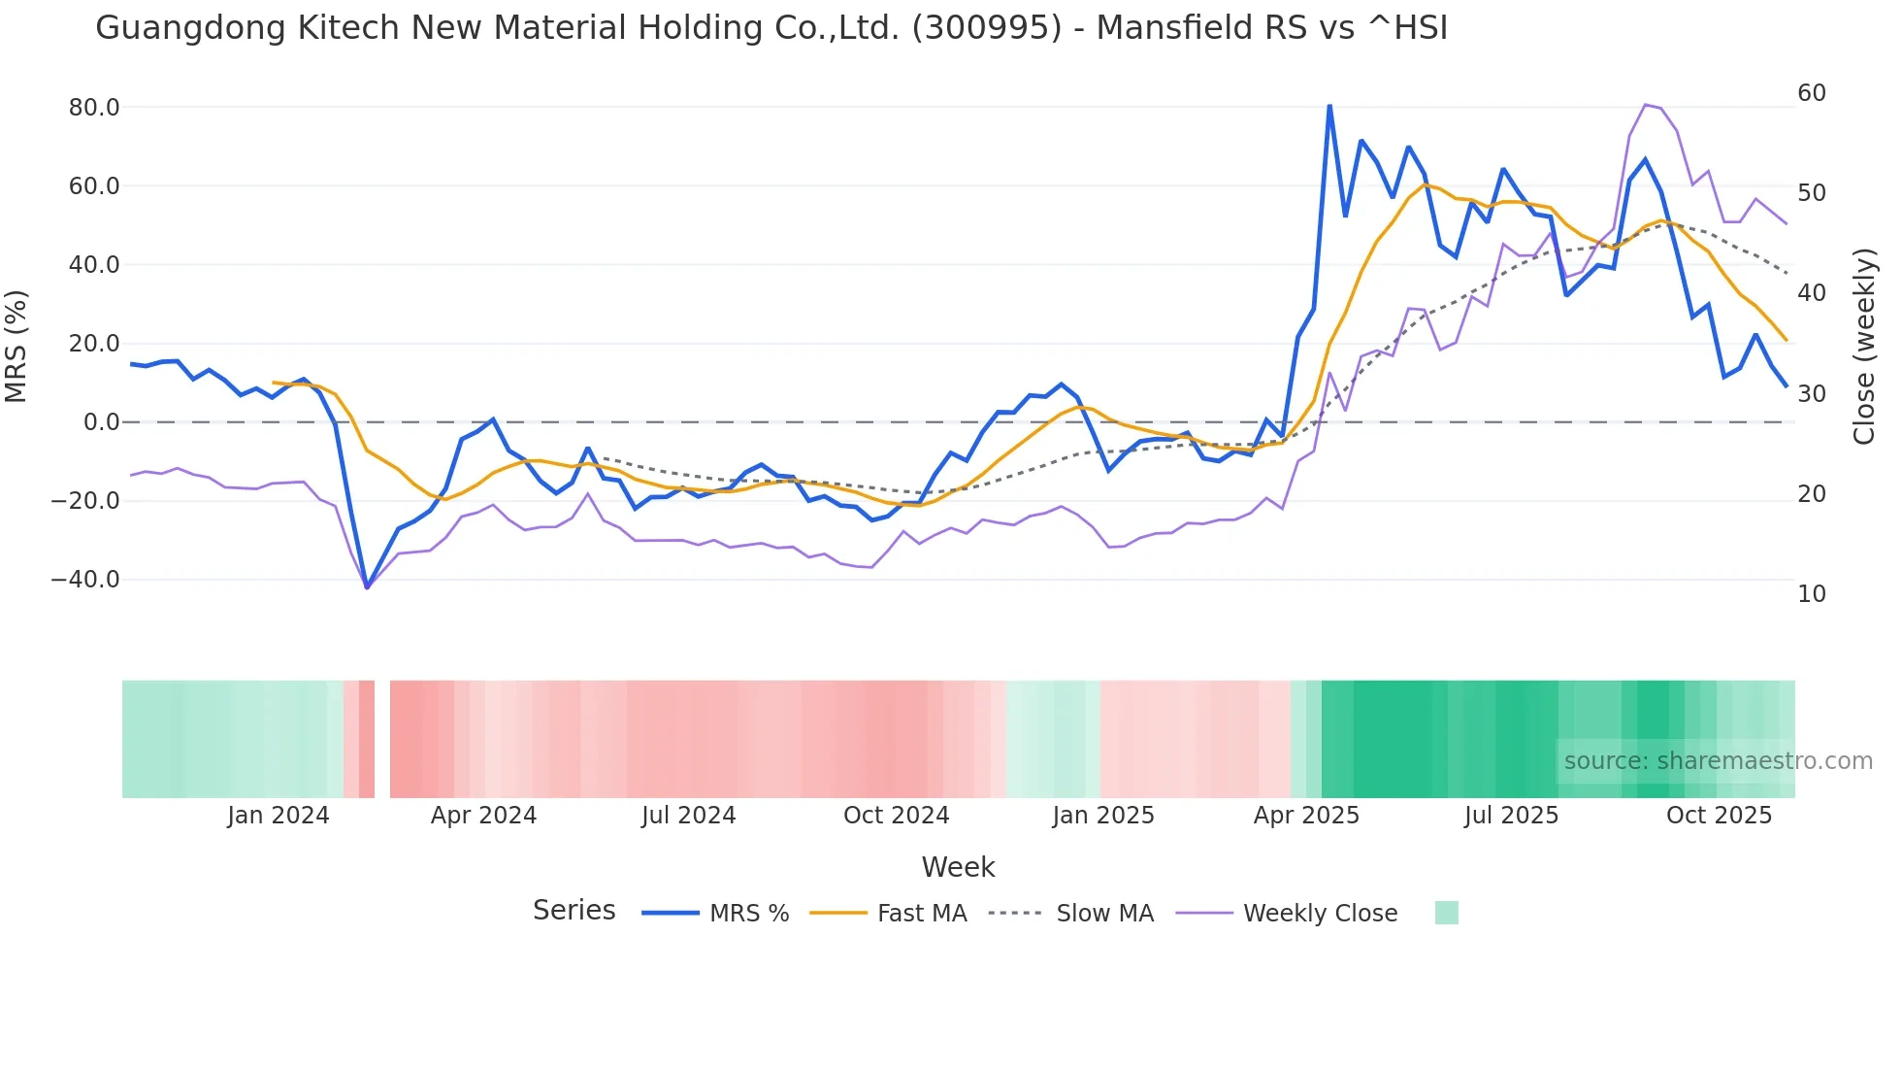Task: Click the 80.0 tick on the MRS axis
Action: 94,108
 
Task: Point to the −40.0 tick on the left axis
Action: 85,580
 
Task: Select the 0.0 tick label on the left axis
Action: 102,422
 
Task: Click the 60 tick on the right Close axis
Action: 1811,93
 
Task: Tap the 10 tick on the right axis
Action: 1811,594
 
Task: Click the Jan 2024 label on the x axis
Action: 279,816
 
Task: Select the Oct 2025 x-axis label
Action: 1719,816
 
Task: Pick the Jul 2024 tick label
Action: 688,816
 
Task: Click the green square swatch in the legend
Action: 1446,913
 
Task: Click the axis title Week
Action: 958,867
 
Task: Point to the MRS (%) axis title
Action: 16,346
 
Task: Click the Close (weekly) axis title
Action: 1864,346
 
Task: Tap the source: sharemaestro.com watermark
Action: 1718,761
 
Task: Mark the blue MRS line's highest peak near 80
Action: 1329,105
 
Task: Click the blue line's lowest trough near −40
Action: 367,587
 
